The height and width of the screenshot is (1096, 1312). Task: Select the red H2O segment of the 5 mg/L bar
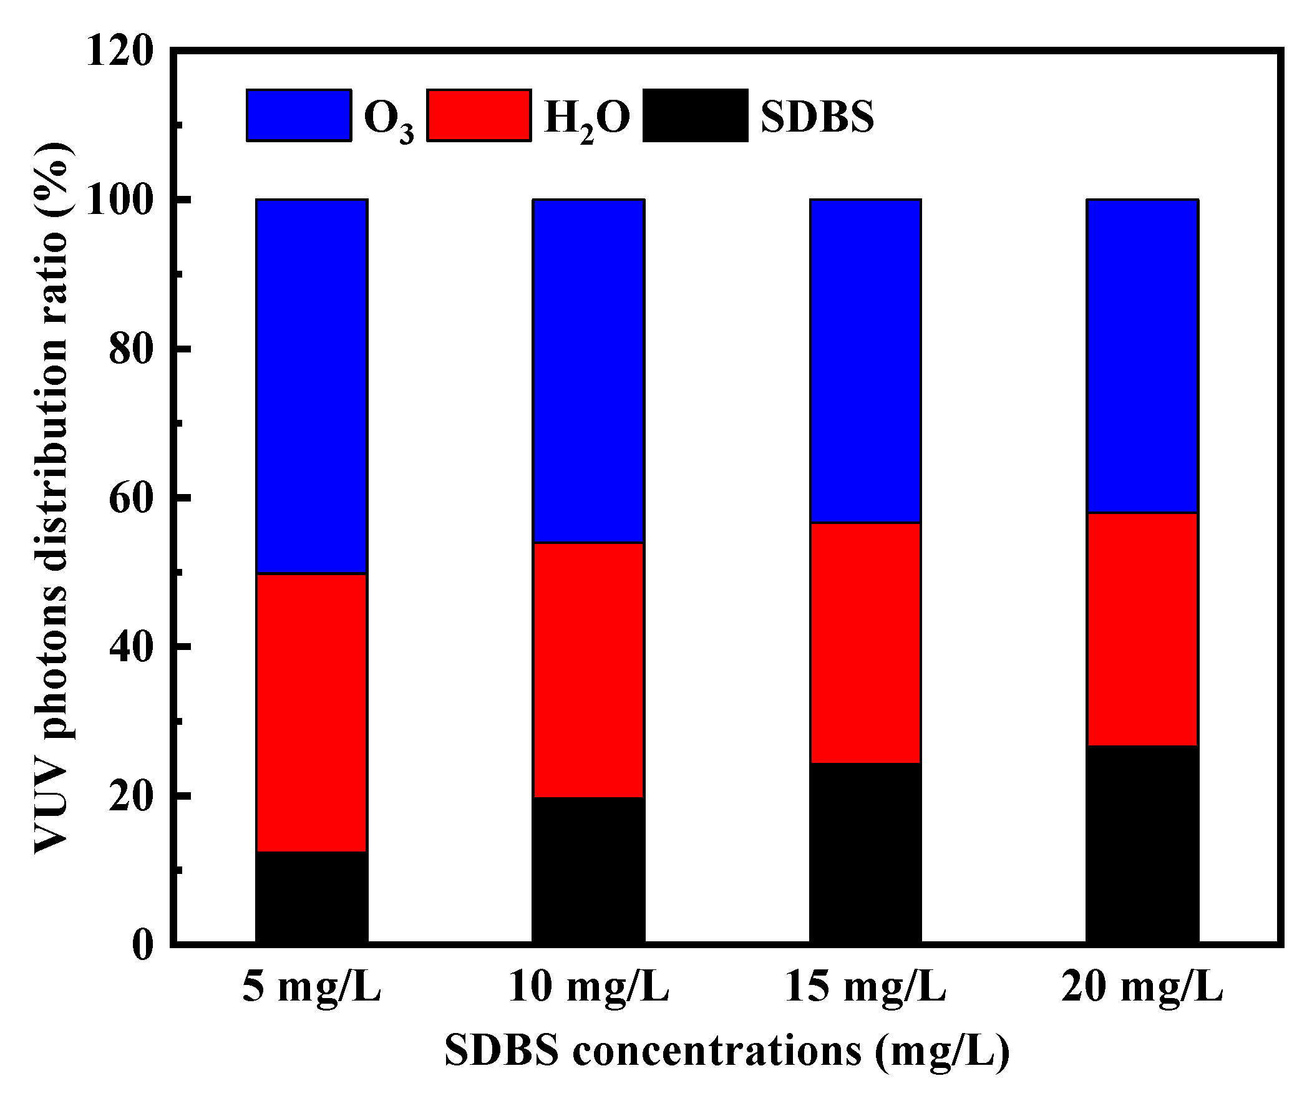[x=311, y=712]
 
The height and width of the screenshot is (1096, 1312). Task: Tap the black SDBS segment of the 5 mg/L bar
[x=311, y=896]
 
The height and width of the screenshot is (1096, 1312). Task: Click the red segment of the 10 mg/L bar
[x=588, y=670]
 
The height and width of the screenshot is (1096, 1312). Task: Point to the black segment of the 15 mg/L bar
[x=865, y=853]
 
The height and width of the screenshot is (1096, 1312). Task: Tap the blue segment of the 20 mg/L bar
[x=1142, y=356]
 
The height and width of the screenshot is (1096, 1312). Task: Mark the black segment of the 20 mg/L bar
[x=1142, y=843]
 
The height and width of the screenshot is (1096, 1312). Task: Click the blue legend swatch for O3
[x=299, y=115]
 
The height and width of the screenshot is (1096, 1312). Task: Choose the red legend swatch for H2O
[x=479, y=115]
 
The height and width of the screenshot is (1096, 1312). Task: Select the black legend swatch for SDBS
[x=695, y=115]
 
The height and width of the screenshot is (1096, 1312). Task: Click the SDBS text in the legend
[x=817, y=117]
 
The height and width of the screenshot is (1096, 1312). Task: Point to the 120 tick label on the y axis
[x=119, y=51]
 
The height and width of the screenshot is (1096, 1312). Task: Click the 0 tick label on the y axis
[x=142, y=946]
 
